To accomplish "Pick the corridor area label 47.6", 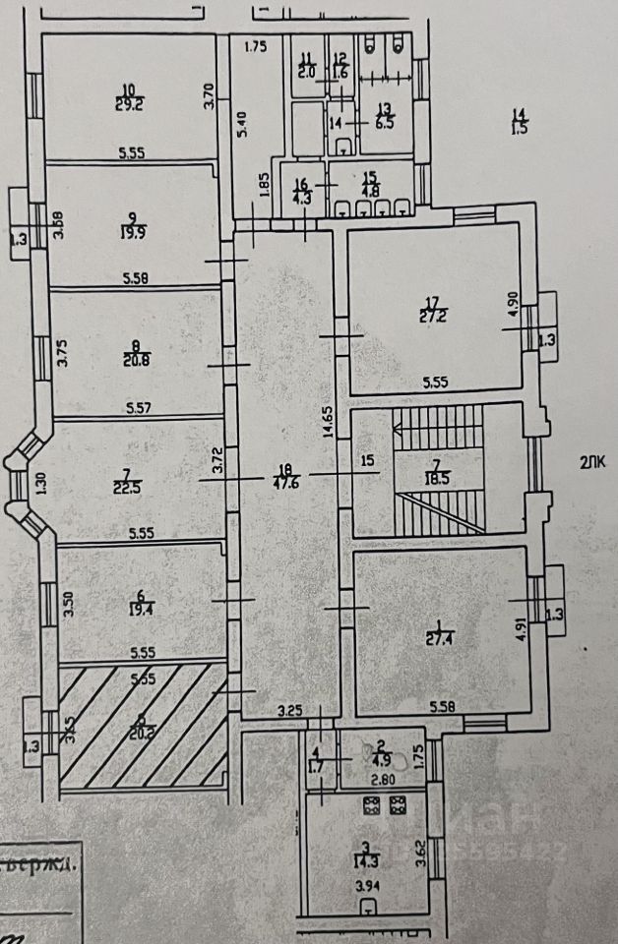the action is pos(284,482).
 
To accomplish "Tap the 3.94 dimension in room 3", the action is pos(366,913).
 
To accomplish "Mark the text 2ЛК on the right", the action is pos(592,463).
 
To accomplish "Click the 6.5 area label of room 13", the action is pos(383,125).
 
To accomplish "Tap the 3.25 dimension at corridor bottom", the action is pos(288,709).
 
